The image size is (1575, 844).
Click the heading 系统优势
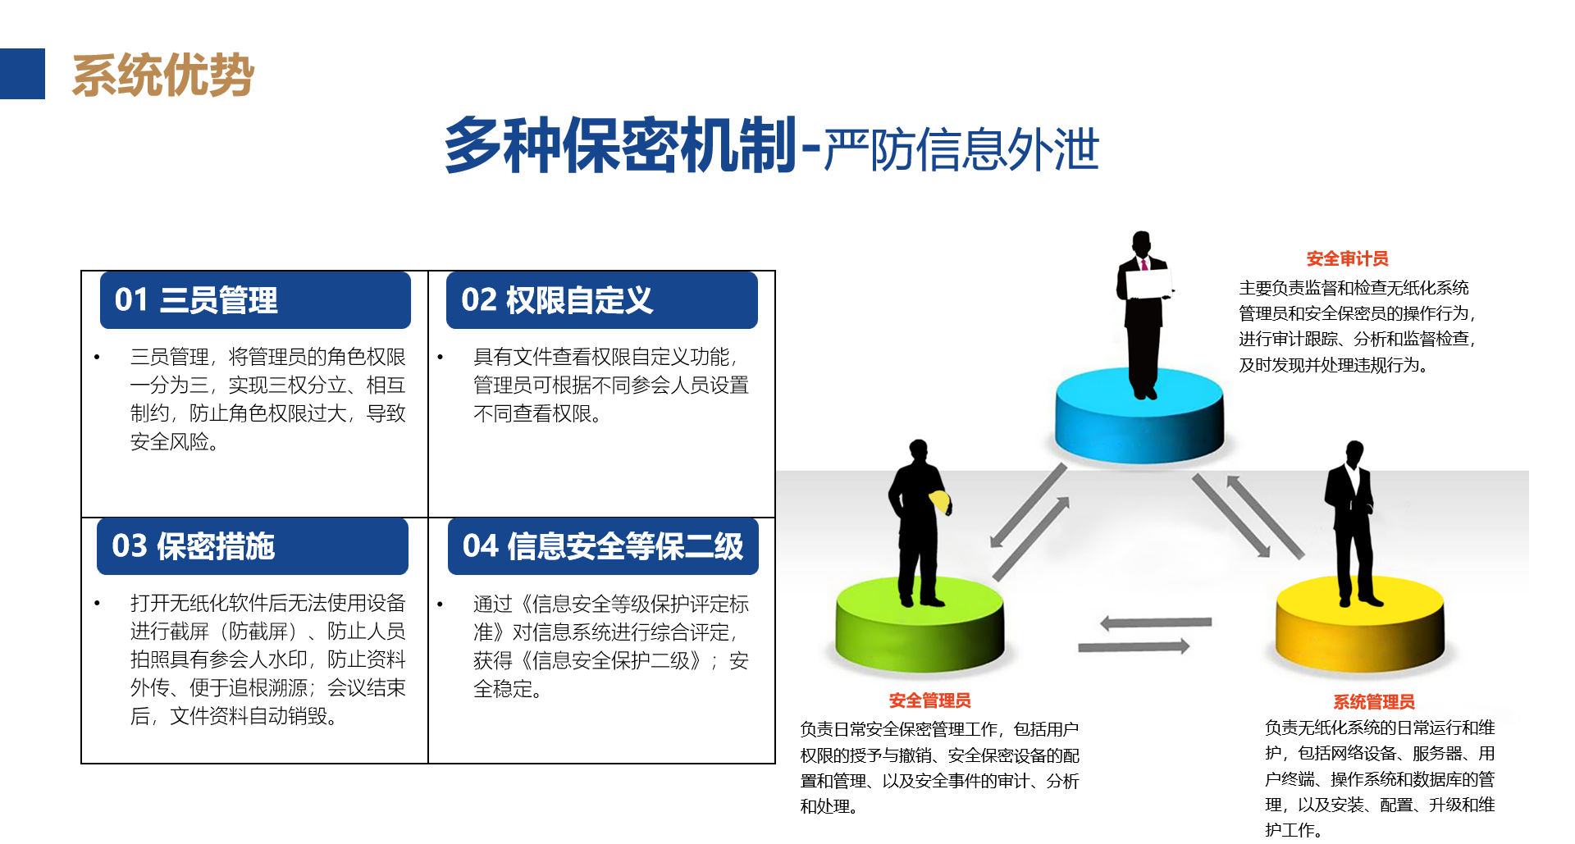[x=163, y=75]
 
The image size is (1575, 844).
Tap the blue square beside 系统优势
[x=22, y=74]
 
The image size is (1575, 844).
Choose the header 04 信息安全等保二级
[x=603, y=546]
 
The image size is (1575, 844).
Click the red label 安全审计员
[x=1347, y=259]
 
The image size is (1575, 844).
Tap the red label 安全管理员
[x=929, y=700]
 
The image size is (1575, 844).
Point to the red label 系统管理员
[x=1373, y=702]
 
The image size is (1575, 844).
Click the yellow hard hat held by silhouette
[x=939, y=501]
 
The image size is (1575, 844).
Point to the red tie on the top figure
[x=1144, y=264]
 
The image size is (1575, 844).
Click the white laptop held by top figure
[x=1148, y=284]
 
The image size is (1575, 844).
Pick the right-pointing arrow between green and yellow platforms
[x=1134, y=646]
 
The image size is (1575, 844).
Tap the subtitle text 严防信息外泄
[x=961, y=149]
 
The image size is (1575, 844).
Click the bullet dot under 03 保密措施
[x=97, y=603]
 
